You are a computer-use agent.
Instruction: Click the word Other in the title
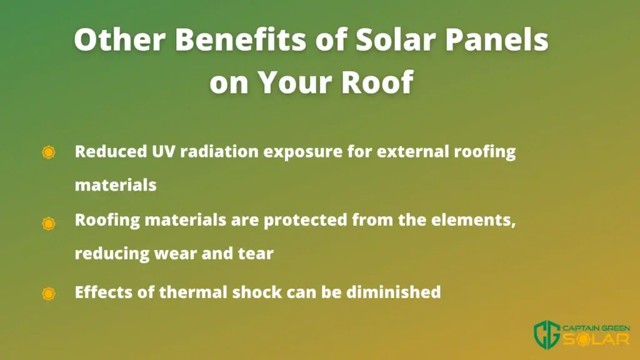[x=119, y=39]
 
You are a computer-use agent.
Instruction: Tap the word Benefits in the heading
[x=241, y=39]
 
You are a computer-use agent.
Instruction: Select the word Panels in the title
[x=496, y=39]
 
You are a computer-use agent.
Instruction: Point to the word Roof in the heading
[x=377, y=82]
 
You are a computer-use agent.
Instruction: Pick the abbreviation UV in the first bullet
[x=164, y=151]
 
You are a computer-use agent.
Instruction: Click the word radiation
[x=219, y=151]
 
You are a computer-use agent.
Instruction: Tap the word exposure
[x=303, y=153]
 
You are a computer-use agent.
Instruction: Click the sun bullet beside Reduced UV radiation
[x=49, y=152]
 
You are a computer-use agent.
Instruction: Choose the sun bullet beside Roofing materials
[x=49, y=223]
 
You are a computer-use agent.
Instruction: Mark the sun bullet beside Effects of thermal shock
[x=49, y=294]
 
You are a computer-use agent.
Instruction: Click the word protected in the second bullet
[x=305, y=221]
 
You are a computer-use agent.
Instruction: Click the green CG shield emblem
[x=547, y=334]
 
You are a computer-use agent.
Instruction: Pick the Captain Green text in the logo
[x=596, y=328]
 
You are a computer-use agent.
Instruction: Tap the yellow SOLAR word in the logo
[x=596, y=339]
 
